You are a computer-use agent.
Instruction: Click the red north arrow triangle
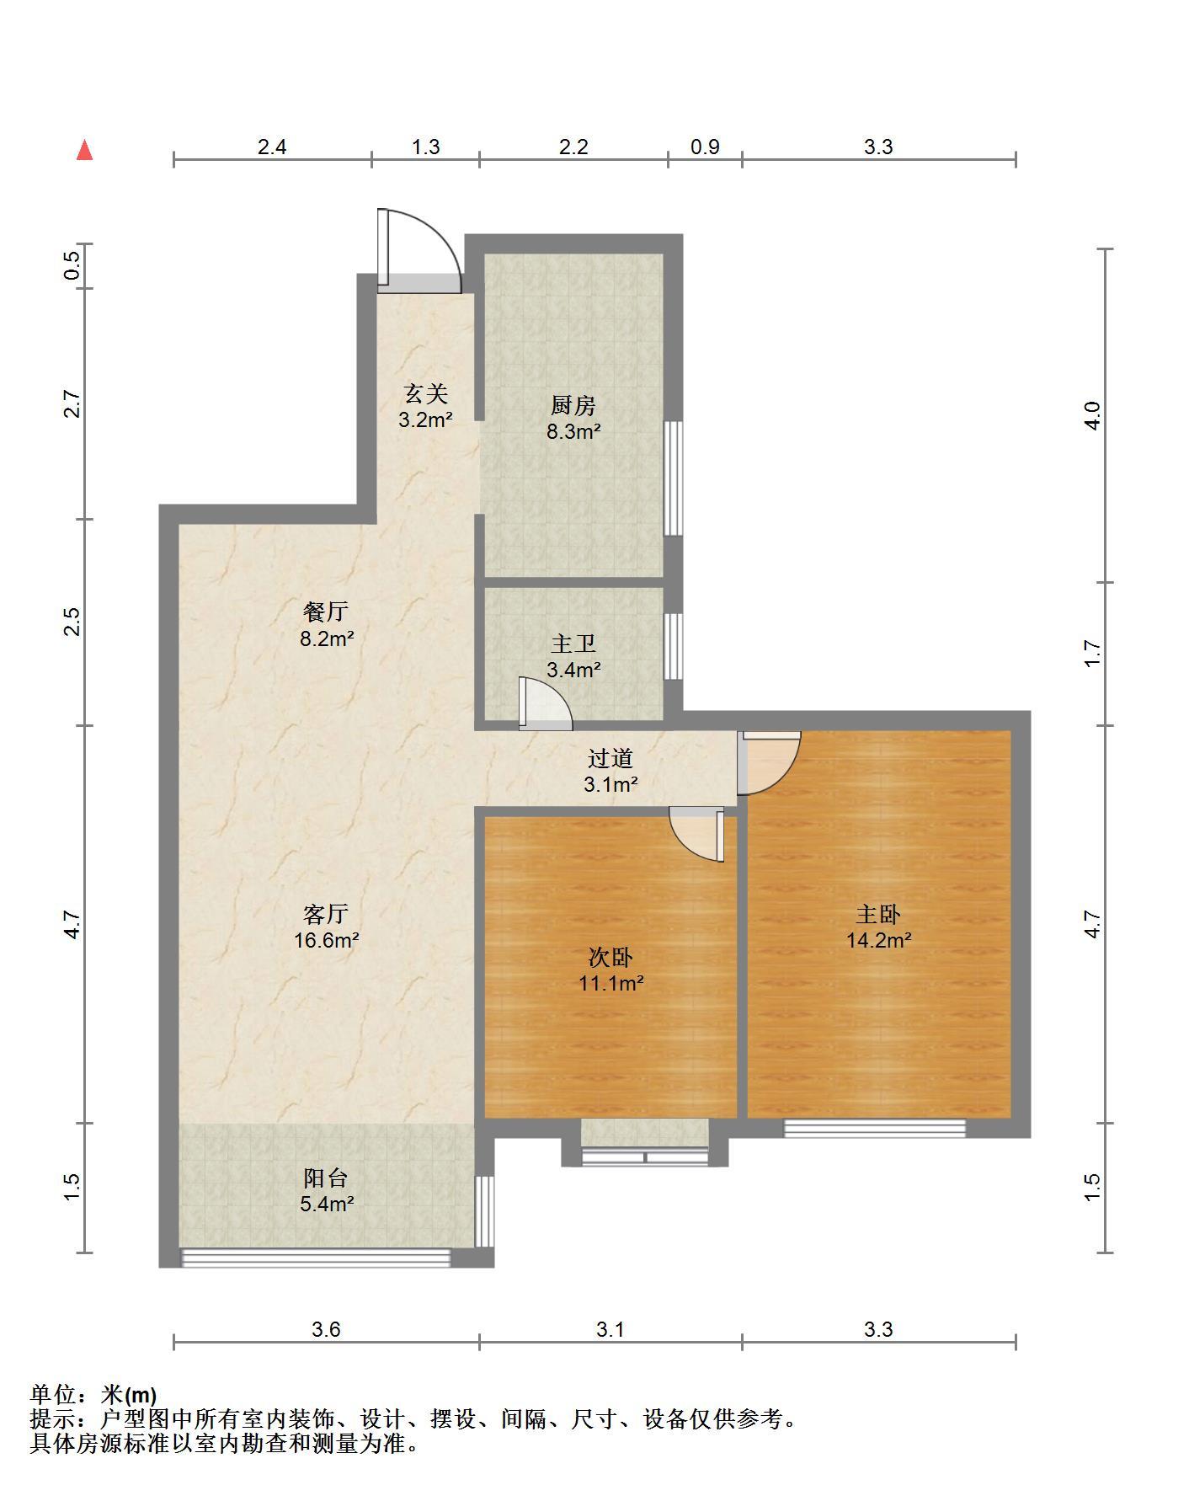84,150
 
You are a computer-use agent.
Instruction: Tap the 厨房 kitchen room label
573,406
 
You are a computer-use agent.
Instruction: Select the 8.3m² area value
573,432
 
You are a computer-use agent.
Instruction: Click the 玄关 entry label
426,393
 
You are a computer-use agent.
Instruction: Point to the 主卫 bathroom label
573,644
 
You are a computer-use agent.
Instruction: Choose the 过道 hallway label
610,759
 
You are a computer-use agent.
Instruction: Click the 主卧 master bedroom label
879,914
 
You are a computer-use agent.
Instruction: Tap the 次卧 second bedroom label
610,957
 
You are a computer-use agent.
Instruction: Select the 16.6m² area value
327,940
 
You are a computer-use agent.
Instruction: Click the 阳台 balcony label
326,1178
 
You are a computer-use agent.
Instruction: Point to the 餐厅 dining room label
326,612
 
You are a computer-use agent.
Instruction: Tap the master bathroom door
546,702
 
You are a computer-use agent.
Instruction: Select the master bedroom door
769,762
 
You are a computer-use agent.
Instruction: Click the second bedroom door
697,834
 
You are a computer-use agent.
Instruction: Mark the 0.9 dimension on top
705,147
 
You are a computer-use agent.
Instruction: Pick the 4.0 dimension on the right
1092,415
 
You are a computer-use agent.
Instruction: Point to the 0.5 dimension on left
72,266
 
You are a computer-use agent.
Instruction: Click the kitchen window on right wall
673,478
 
